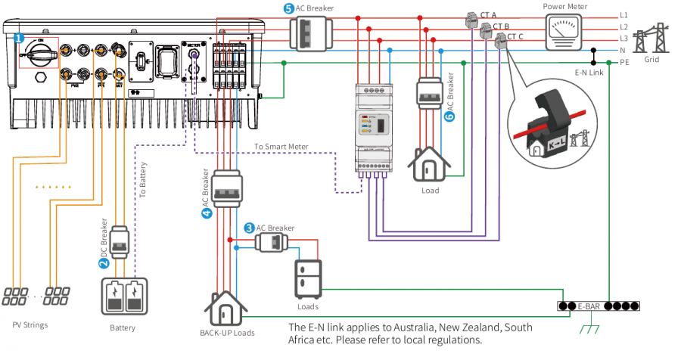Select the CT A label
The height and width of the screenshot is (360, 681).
point(488,14)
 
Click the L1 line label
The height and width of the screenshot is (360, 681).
point(623,14)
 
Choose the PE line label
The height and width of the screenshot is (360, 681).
point(624,62)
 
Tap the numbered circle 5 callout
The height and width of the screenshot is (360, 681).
point(288,8)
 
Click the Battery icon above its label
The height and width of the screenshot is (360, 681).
point(123,297)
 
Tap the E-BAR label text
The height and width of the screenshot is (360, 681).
point(589,306)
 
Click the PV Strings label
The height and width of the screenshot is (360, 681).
point(30,325)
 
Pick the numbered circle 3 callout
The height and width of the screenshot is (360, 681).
point(249,228)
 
